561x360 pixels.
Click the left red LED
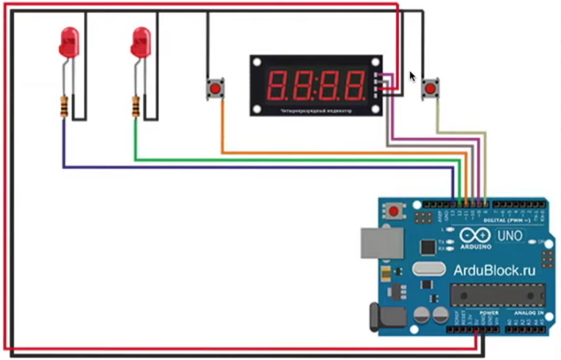point(69,42)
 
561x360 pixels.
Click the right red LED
point(141,42)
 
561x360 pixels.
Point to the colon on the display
point(316,83)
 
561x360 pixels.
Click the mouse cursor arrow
point(413,76)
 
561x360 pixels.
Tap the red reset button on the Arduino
point(395,211)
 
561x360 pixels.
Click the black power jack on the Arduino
point(385,317)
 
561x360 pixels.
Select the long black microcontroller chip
point(494,294)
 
